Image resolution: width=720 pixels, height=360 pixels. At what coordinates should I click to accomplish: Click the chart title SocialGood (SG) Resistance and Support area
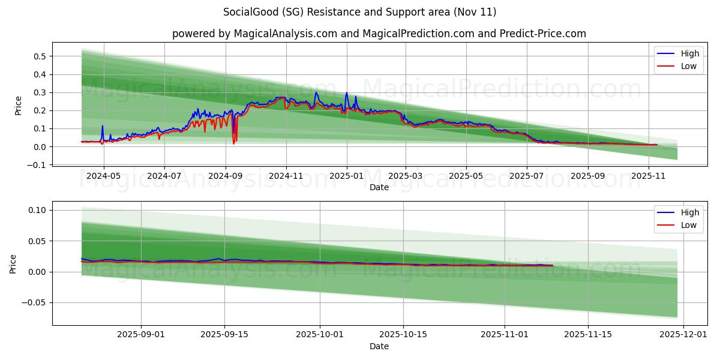pos(359,12)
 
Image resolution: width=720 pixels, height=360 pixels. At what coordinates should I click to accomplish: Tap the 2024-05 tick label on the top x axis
pos(104,176)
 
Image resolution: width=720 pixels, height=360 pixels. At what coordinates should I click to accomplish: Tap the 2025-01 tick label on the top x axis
pos(346,176)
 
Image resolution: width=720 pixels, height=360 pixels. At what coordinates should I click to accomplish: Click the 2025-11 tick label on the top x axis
pos(649,176)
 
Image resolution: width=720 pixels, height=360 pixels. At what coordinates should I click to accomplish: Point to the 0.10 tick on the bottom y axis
pos(37,210)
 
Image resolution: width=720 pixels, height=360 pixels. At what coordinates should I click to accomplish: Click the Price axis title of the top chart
pos(18,105)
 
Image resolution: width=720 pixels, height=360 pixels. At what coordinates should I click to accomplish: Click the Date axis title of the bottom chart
pos(379,346)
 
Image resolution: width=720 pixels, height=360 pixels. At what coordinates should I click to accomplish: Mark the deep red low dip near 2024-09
pos(234,143)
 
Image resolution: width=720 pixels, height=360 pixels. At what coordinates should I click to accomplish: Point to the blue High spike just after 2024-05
pos(102,126)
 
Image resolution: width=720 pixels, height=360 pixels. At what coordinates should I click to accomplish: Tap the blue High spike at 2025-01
pos(346,93)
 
